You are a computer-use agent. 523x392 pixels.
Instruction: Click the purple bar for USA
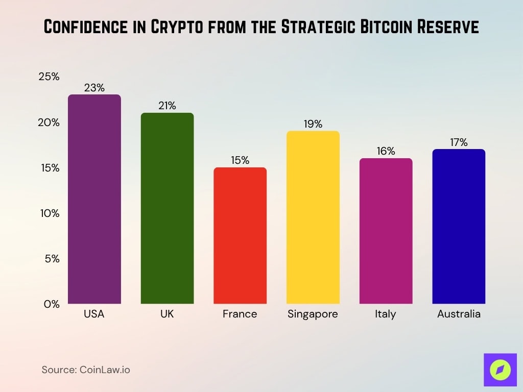click(94, 199)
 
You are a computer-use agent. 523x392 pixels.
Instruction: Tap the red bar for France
click(240, 235)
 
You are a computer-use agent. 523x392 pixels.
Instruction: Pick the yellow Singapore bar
click(313, 217)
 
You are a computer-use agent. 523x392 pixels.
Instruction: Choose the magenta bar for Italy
click(386, 231)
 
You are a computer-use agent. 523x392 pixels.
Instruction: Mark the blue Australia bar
click(459, 226)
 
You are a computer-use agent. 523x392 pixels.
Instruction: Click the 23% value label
click(94, 88)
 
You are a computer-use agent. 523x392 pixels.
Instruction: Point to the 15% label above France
click(240, 160)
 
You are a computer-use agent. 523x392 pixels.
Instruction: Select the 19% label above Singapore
click(313, 124)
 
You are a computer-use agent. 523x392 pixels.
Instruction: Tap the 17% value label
click(459, 142)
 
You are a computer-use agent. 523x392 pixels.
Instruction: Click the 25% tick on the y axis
click(49, 77)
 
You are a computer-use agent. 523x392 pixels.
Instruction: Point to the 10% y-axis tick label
click(50, 213)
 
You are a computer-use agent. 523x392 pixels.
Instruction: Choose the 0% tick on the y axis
click(52, 304)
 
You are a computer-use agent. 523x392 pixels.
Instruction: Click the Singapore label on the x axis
click(313, 314)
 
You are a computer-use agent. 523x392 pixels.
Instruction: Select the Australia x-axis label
click(459, 314)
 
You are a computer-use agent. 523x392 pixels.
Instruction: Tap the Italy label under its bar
click(386, 314)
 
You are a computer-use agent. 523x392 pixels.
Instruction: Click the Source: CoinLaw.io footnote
click(86, 370)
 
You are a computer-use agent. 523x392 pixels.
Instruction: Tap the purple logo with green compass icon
click(500, 369)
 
